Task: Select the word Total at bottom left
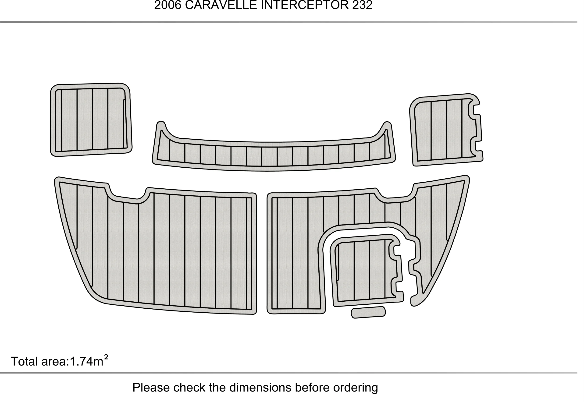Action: pos(25,361)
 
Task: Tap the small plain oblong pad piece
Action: pos(368,312)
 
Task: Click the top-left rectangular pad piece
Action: pos(91,120)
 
